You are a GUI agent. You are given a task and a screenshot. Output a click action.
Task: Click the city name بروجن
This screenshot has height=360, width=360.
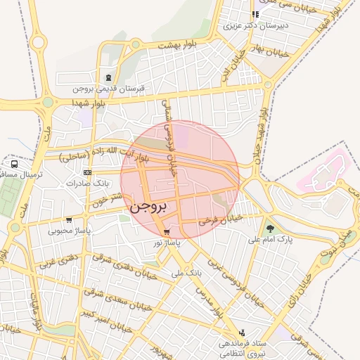[150, 208]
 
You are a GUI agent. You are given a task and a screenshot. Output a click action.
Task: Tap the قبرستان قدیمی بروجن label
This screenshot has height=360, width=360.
[109, 89]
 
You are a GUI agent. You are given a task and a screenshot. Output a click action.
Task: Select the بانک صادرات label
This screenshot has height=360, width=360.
[86, 183]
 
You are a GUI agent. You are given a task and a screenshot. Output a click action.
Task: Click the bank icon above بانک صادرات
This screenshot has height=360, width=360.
[87, 172]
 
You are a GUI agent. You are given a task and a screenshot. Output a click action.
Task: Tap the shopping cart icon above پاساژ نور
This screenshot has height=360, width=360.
[166, 232]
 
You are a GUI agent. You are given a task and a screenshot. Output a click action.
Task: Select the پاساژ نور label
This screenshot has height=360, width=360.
[167, 242]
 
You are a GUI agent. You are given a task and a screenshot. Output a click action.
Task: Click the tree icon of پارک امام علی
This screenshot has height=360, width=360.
[270, 228]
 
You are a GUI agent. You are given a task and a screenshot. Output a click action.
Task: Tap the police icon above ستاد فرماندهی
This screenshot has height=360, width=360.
[243, 333]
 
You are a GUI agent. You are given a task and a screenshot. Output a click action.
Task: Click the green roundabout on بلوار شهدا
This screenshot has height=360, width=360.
[48, 103]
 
